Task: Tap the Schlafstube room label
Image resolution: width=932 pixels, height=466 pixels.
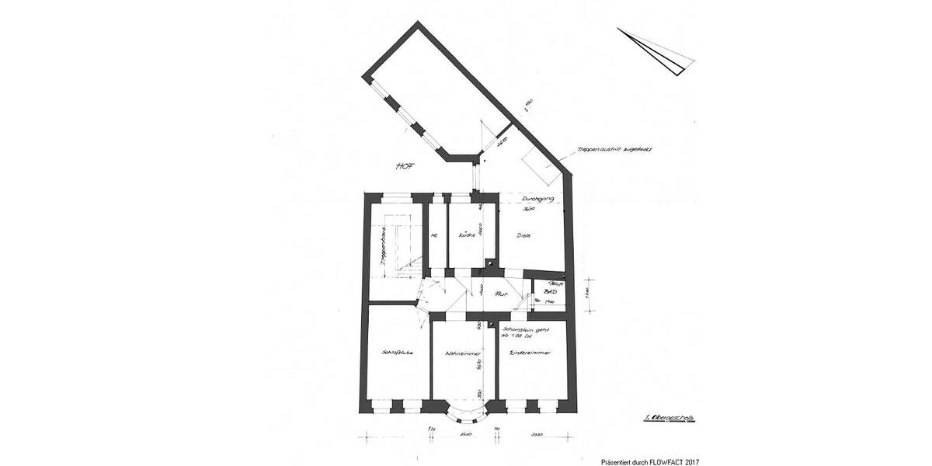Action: (x=397, y=353)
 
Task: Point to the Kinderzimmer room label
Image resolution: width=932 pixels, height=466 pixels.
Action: (x=530, y=353)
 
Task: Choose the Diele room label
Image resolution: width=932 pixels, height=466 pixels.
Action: (x=523, y=235)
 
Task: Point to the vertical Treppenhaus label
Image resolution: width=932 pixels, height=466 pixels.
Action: (x=384, y=252)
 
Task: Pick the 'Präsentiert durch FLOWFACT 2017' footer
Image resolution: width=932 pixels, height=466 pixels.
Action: (x=651, y=461)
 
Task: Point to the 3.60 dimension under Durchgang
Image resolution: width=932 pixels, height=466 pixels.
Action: (x=529, y=210)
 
